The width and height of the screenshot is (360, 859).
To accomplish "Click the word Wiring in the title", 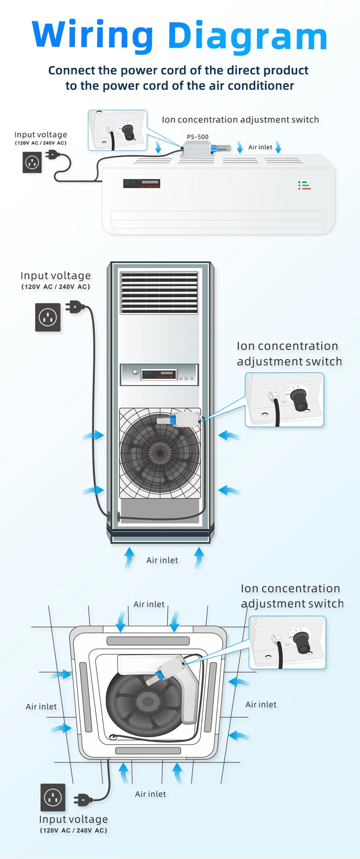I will coord(93,36).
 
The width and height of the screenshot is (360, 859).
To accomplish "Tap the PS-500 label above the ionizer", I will coord(198,137).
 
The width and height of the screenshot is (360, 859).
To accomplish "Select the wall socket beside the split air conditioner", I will coord(32,162).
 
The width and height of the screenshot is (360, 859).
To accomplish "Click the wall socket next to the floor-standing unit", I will coord(48,317).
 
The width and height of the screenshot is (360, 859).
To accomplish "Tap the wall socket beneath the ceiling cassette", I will coord(53,797).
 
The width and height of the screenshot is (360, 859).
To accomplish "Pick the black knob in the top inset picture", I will coord(129,132).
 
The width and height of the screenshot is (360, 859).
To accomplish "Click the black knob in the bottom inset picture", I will coord(302,643).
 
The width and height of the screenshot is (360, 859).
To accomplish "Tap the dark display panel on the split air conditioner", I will coord(141,184).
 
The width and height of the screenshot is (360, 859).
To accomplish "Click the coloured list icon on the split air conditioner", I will coord(304,185).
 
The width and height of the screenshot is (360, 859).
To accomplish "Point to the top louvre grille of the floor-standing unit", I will coord(159,293).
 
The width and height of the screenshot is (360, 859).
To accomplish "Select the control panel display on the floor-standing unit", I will coord(159,375).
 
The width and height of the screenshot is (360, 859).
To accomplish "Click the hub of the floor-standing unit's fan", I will coord(160,453).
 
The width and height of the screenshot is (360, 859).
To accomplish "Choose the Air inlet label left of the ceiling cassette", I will coord(41,707).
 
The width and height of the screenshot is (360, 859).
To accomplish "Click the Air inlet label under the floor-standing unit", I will coord(162,561).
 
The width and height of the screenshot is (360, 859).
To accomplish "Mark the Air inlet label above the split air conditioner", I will coord(260,147).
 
